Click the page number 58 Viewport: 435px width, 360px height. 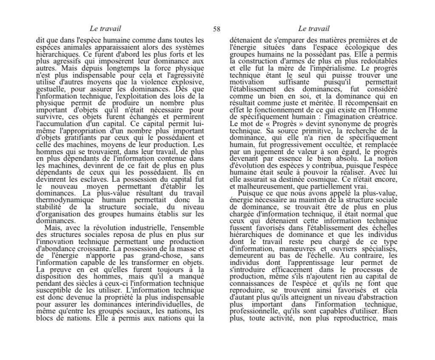coord(217,29)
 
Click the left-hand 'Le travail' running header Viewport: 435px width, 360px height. coord(105,29)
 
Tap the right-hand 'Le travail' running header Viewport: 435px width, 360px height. coord(314,29)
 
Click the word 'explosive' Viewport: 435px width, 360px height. coord(188,83)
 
